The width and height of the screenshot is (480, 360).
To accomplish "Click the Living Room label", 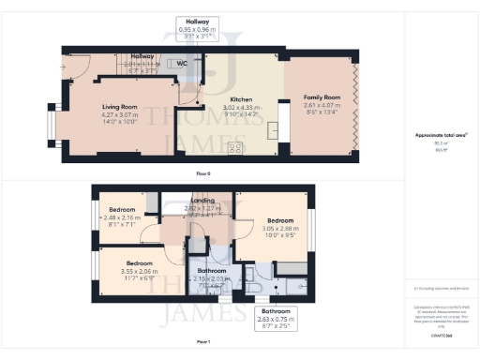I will pyautogui.click(x=119, y=107).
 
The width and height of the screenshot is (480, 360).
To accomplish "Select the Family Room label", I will pyautogui.click(x=321, y=97).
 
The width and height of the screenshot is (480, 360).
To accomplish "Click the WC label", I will pyautogui.click(x=182, y=64).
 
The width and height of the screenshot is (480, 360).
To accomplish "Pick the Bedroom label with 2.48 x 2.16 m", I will pyautogui.click(x=123, y=209).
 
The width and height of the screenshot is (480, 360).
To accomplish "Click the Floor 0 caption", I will pyautogui.click(x=202, y=173).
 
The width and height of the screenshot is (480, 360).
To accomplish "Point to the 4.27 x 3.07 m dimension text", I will pyautogui.click(x=119, y=114).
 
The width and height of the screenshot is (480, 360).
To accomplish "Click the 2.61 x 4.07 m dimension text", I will pyautogui.click(x=321, y=106).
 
